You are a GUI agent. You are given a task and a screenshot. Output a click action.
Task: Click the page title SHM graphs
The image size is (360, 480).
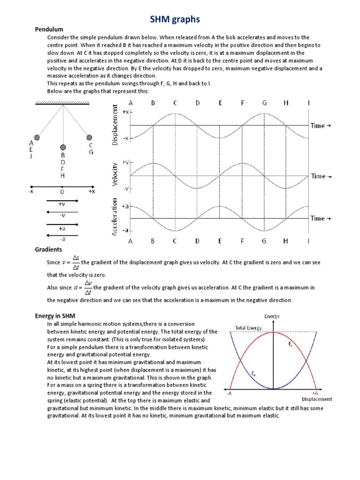(x=174, y=19)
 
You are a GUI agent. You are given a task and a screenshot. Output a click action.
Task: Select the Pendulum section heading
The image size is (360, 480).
(x=49, y=30)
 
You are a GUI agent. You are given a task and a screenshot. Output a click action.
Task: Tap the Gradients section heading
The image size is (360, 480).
(x=48, y=249)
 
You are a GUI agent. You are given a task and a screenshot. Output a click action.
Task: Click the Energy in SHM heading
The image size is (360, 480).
(x=55, y=316)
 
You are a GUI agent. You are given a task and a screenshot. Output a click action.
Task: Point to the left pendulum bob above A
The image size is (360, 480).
(x=37, y=138)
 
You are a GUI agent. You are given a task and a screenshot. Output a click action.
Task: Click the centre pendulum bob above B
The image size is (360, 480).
(x=62, y=147)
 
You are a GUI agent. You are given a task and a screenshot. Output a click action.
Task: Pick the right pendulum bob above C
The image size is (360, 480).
(x=89, y=137)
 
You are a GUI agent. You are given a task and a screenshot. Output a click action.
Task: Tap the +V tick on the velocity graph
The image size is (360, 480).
(x=126, y=162)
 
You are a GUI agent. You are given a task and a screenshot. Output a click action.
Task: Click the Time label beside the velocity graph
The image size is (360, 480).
(x=321, y=176)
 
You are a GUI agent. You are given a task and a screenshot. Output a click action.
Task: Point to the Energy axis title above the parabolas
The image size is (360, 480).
(x=272, y=316)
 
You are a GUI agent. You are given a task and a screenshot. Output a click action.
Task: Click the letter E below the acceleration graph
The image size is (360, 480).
(x=219, y=241)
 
